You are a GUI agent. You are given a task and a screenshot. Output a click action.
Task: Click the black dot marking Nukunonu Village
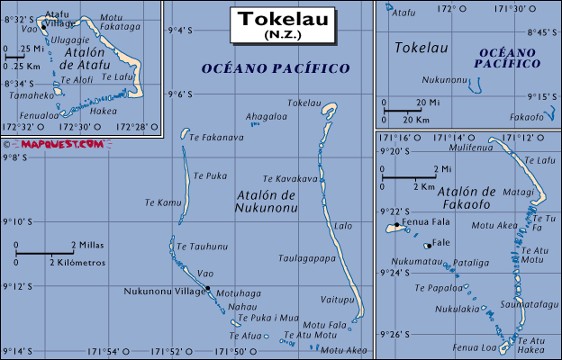[207, 288]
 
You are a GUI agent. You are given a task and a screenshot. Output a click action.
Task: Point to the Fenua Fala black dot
[396, 224]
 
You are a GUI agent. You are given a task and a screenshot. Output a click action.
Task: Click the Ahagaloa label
[267, 116]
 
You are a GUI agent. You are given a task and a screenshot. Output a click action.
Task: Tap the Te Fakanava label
[216, 138]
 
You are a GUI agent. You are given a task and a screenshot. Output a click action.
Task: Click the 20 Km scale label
[416, 119]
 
